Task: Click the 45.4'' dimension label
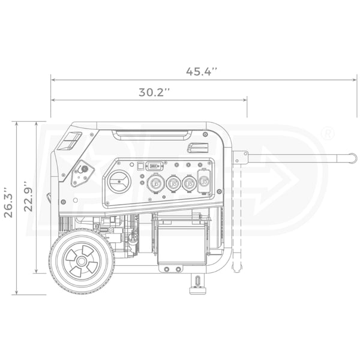[x=202, y=71]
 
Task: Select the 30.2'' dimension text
[x=154, y=92]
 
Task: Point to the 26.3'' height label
[x=9, y=202]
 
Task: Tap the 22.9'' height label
[x=28, y=196]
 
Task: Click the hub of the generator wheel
[x=81, y=261]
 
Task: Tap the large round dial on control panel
[x=119, y=182]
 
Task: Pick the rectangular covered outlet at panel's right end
[x=203, y=181]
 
